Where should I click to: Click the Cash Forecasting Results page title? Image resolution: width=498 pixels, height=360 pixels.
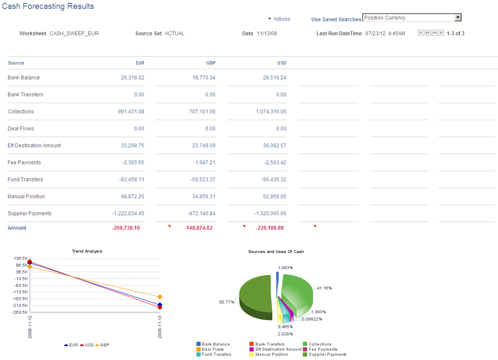click(48, 6)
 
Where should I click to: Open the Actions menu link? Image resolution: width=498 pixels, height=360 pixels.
click(282, 19)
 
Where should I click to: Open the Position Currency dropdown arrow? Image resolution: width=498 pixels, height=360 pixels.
click(458, 18)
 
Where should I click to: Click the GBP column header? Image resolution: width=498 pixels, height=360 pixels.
click(210, 63)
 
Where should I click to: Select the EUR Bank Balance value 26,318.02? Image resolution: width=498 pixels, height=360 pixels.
click(132, 78)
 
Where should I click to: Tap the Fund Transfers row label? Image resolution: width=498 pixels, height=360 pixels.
click(25, 180)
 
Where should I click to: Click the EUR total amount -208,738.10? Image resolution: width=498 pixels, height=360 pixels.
click(126, 228)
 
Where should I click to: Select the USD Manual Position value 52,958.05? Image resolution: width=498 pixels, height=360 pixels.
click(274, 197)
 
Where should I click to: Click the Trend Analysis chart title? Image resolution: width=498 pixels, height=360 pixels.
click(87, 251)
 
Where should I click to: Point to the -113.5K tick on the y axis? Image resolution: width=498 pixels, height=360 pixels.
click(21, 292)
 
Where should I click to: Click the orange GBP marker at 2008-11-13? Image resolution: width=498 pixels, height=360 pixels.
click(159, 297)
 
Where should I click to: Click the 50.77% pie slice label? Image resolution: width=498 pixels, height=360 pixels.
click(227, 302)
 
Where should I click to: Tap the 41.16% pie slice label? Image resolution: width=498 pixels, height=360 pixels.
click(324, 288)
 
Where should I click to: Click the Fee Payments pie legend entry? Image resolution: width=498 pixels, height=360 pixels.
click(323, 349)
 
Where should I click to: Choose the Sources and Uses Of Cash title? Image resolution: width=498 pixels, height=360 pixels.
click(276, 252)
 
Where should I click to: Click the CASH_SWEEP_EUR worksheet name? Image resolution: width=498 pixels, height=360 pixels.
click(74, 34)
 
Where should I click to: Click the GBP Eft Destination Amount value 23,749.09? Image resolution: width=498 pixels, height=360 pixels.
click(204, 146)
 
